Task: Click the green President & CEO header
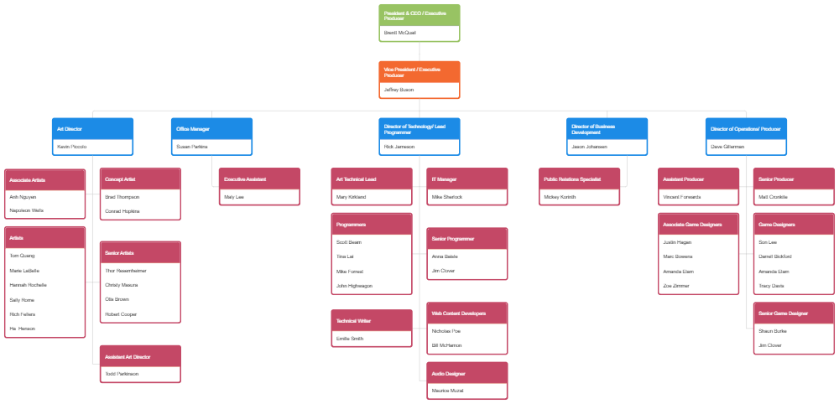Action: [x=419, y=15]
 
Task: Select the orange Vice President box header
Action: [x=419, y=72]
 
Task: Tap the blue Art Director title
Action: [x=92, y=129]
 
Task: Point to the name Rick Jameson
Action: [x=399, y=147]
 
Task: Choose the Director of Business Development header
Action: [x=607, y=129]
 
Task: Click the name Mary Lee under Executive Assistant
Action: [x=234, y=197]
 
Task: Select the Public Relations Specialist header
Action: [x=581, y=179]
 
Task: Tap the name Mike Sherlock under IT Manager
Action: [x=446, y=197]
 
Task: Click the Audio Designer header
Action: [x=466, y=373]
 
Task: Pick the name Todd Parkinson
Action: [x=122, y=374]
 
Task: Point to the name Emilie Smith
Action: [x=350, y=339]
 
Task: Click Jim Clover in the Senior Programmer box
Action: [x=443, y=271]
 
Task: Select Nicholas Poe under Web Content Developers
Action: [x=446, y=330]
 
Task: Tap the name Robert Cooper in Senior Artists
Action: [x=121, y=314]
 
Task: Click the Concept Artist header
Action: [x=139, y=179]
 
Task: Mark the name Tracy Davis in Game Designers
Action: [x=771, y=286]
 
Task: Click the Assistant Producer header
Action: [x=699, y=179]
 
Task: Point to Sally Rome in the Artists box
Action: [x=22, y=300]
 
